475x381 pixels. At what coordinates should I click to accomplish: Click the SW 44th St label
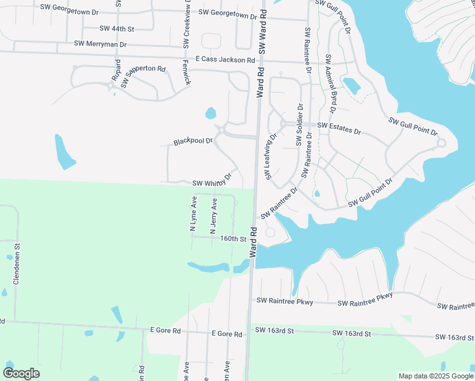click(x=117, y=29)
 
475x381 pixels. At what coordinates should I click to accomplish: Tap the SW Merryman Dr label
click(x=100, y=44)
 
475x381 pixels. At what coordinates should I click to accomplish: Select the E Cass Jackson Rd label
click(x=225, y=60)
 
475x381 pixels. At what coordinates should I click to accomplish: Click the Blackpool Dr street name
click(x=193, y=141)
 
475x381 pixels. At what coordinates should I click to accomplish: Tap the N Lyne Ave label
click(x=194, y=214)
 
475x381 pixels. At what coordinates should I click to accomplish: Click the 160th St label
click(x=233, y=239)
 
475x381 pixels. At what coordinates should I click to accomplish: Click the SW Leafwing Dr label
click(x=272, y=156)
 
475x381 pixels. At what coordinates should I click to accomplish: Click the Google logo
click(x=21, y=373)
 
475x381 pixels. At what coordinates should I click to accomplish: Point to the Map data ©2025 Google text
click(x=435, y=376)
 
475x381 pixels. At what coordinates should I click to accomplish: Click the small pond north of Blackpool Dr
click(x=210, y=114)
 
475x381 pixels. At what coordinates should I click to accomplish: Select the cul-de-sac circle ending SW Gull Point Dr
click(x=441, y=143)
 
